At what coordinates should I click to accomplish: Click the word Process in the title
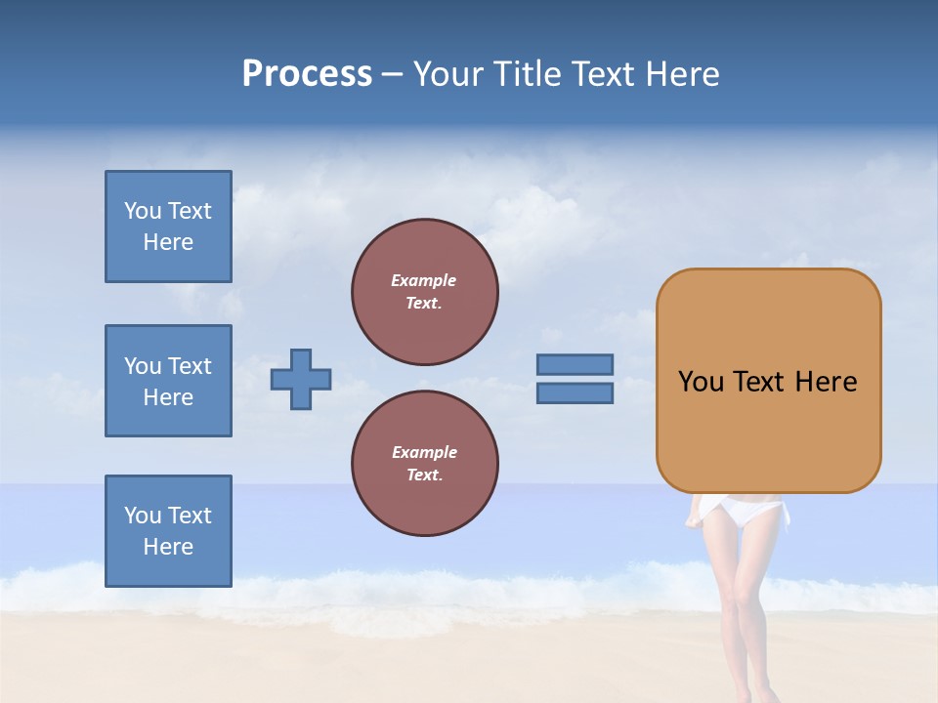(307, 74)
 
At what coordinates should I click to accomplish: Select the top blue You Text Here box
(168, 227)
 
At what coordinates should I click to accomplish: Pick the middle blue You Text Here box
(168, 381)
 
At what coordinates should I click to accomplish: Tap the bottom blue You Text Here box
(168, 531)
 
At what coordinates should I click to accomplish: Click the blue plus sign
(301, 379)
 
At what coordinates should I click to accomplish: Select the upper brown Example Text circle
(425, 292)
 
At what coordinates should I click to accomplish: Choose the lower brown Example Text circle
(425, 464)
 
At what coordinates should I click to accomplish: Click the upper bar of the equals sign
(576, 364)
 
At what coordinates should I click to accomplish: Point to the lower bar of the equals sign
(576, 393)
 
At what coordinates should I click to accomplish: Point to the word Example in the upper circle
(424, 280)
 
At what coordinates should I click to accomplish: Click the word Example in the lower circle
(424, 452)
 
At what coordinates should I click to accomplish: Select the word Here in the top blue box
(168, 242)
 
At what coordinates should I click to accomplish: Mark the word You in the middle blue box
(142, 366)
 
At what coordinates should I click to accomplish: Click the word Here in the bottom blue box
(168, 547)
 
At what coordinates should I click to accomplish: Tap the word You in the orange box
(701, 382)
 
